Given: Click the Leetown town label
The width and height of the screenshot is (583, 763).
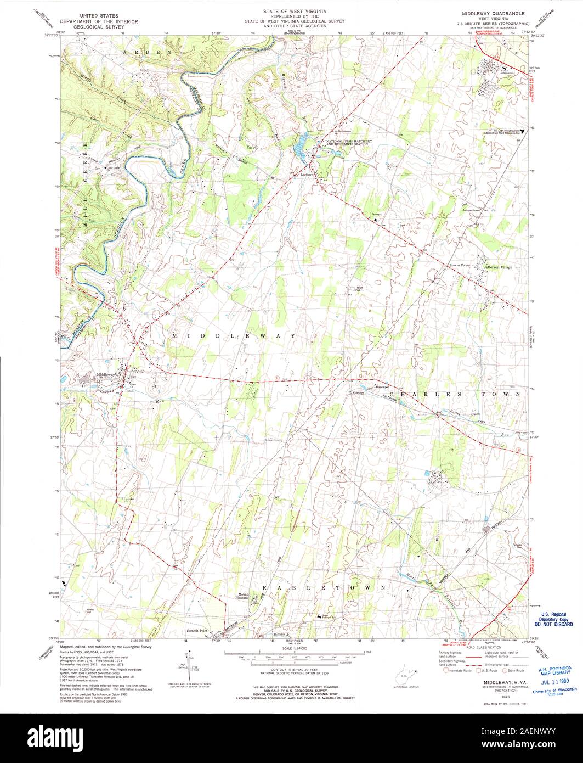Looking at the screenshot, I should tap(306, 175).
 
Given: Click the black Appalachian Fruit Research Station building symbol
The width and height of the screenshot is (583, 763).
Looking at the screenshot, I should tap(522, 131).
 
